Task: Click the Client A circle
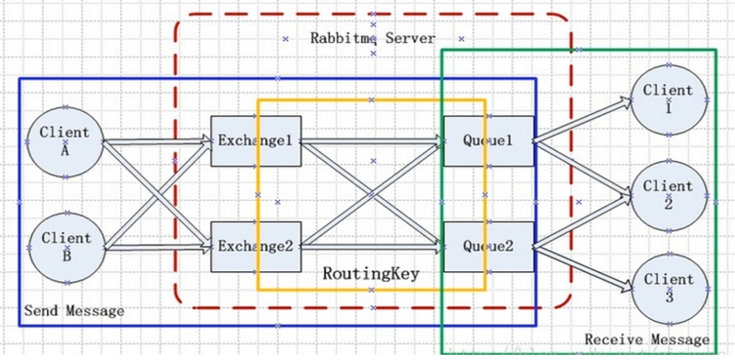click(x=65, y=142)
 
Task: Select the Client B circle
click(x=66, y=248)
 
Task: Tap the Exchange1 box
click(x=256, y=141)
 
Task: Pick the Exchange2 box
click(x=256, y=246)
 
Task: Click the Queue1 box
click(x=488, y=141)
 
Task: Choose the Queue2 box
click(x=488, y=246)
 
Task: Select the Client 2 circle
click(x=668, y=195)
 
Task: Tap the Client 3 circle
click(x=668, y=288)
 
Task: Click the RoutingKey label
click(x=371, y=274)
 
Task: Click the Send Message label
click(x=74, y=311)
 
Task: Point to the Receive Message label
click(x=647, y=339)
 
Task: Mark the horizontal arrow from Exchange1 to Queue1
click(x=371, y=141)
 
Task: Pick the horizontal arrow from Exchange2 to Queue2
click(x=371, y=246)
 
